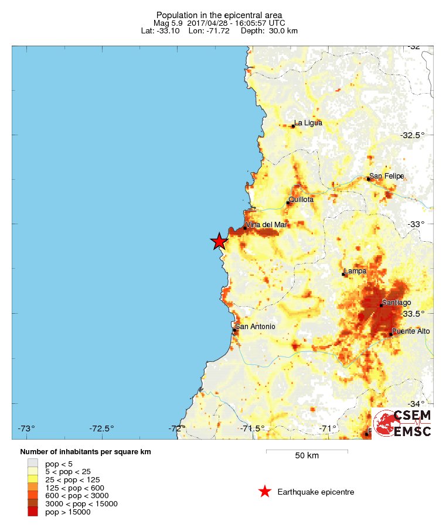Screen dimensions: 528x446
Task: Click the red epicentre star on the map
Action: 219,241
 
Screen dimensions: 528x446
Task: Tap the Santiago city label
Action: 396,303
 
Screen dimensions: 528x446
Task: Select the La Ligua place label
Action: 308,123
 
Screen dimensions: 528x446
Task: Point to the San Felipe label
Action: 386,176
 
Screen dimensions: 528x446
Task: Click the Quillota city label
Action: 301,200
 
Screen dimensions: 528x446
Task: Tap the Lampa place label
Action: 355,271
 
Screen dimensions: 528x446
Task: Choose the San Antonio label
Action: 255,327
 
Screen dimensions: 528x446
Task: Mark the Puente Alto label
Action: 411,331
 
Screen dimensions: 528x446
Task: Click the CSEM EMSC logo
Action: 403,424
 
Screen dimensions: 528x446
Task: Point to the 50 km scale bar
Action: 307,451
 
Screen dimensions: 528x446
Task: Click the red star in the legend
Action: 265,492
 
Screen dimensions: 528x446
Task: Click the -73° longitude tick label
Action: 26,428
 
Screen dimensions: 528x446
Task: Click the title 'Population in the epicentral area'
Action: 219,15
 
